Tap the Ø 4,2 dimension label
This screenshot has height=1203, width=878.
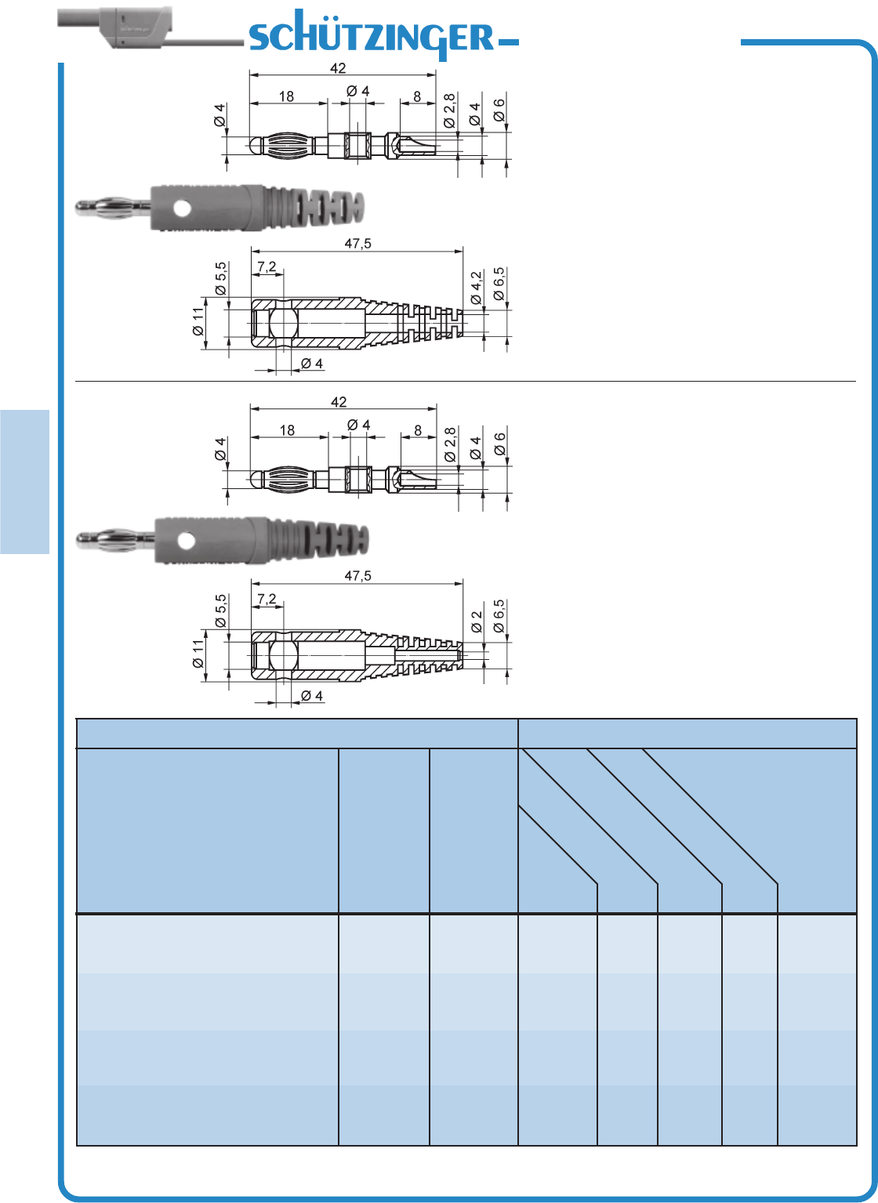pyautogui.click(x=476, y=288)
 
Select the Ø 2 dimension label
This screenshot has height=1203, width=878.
pyautogui.click(x=477, y=622)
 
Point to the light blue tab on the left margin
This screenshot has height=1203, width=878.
pyautogui.click(x=25, y=482)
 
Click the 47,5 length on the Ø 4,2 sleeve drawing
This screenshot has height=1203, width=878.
pyautogui.click(x=357, y=244)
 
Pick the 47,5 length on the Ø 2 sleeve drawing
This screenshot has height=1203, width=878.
pyautogui.click(x=357, y=576)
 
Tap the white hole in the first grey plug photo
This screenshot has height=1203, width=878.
pyautogui.click(x=182, y=208)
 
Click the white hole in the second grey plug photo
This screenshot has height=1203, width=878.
pyautogui.click(x=186, y=541)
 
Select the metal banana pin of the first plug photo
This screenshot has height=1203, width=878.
pyautogui.click(x=113, y=207)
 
